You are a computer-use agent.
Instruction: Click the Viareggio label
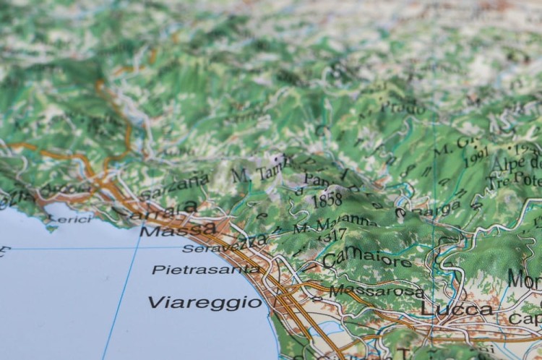205,302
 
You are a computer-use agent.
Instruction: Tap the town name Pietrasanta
206,270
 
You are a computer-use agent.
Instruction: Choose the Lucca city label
456,309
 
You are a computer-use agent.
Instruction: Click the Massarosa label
377,291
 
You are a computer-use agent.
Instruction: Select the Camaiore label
367,259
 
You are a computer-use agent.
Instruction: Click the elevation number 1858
328,200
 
